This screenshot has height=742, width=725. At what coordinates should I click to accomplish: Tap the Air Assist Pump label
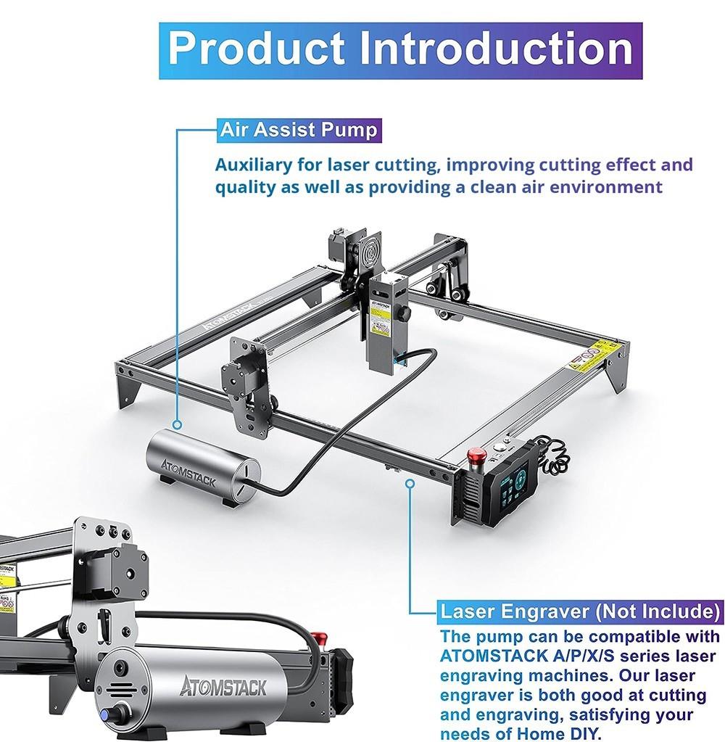[x=299, y=131]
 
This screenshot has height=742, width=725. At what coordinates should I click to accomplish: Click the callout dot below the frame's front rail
[x=411, y=482]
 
